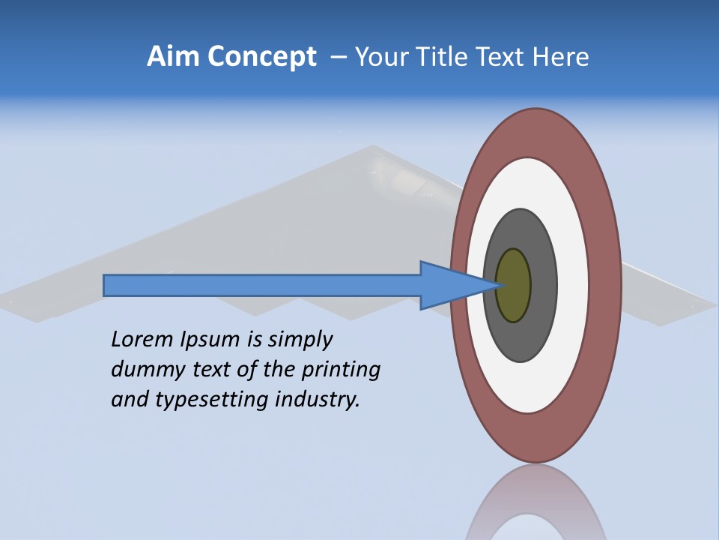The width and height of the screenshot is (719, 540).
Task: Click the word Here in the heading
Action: (562, 57)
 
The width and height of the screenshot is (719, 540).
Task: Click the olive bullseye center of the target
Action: (513, 286)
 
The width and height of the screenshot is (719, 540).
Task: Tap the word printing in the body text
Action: (342, 370)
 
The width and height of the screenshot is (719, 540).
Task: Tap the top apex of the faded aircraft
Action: (372, 147)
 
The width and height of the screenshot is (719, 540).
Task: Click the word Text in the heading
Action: (506, 57)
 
